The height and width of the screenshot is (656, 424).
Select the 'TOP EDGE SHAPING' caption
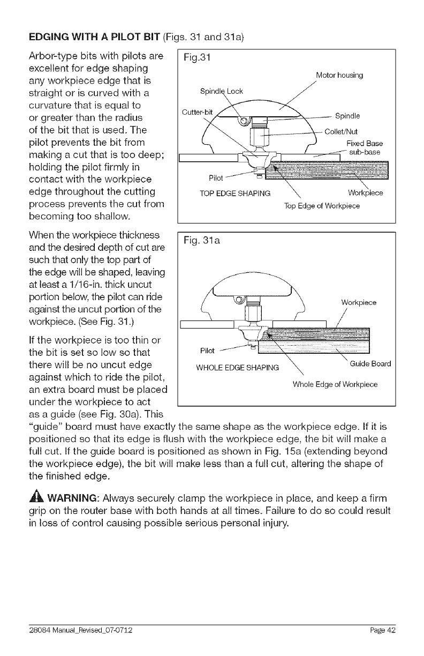coord(233,193)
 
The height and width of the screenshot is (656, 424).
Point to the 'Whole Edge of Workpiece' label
coord(335,384)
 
